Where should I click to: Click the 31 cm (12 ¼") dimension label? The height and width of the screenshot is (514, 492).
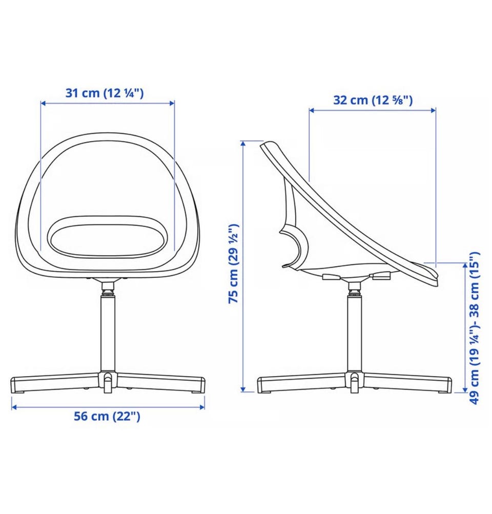coord(105,93)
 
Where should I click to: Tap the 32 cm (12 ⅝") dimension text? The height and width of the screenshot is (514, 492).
coord(373,100)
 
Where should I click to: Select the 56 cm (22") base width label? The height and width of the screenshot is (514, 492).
coord(107,416)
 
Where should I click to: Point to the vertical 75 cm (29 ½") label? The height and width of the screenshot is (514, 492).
coord(234,263)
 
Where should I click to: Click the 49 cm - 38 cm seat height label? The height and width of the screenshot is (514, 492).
coord(474,328)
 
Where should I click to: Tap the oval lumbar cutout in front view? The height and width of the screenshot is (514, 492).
coord(108,236)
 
